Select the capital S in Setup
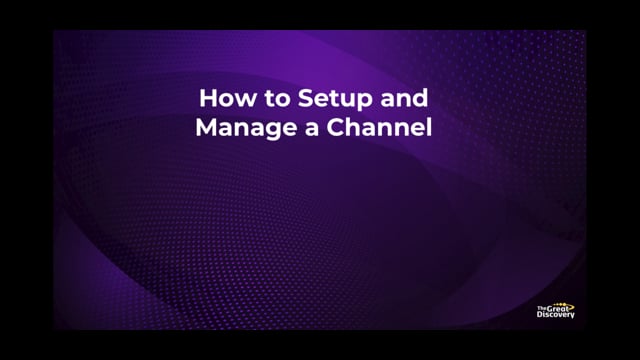298,100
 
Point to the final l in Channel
426,127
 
